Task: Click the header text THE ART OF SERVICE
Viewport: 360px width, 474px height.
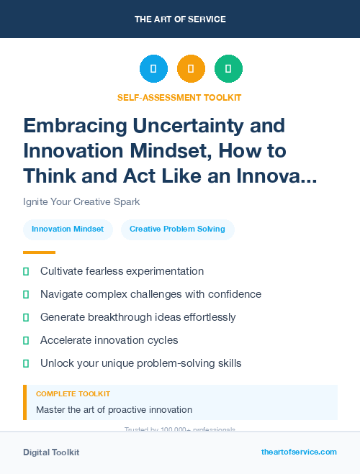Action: tap(180, 19)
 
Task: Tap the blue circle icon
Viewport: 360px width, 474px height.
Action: tap(153, 69)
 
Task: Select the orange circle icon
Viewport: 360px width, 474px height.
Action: tap(191, 69)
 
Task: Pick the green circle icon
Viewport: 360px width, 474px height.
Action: tap(228, 69)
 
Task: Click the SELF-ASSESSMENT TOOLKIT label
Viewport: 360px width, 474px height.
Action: tap(179, 97)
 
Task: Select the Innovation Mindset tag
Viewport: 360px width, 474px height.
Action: tap(68, 229)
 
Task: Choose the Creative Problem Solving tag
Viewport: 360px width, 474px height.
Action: tap(177, 229)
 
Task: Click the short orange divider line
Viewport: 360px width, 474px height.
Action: tap(39, 252)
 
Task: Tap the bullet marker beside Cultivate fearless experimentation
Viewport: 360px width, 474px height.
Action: tap(27, 271)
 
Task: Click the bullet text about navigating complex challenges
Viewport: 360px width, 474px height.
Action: tap(150, 294)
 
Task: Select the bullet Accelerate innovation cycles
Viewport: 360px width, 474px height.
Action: tap(109, 340)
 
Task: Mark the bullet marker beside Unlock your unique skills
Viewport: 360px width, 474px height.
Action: tap(27, 363)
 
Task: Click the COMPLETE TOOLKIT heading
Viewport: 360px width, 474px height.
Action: tap(73, 394)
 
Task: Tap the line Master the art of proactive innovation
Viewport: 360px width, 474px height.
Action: tap(114, 410)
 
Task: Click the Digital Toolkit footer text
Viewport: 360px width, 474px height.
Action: tap(51, 452)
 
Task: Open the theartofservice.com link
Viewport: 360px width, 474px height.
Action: tap(299, 452)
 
